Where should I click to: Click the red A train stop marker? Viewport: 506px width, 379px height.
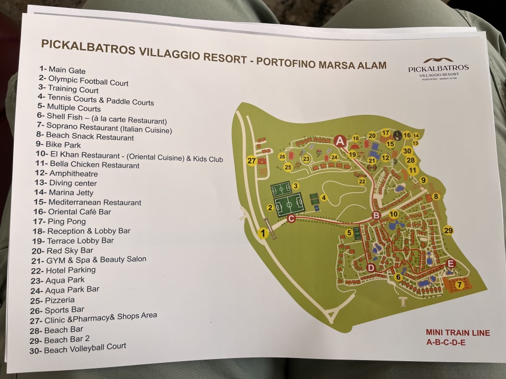point(340,141)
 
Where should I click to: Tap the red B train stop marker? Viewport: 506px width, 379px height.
point(376,215)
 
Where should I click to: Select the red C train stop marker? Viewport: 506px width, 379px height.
point(291,218)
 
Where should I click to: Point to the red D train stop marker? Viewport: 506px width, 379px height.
point(371,268)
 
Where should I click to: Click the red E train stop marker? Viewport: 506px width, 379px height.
point(450,264)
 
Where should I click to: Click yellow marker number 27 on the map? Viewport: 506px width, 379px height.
point(251,161)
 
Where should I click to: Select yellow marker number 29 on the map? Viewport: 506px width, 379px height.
point(449,231)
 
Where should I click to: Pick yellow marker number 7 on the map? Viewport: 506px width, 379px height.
point(459,285)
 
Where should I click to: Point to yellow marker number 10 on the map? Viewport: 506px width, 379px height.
point(393,214)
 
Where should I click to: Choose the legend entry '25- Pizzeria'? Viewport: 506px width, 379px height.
point(60,300)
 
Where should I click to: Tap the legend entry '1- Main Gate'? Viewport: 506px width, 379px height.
point(62,70)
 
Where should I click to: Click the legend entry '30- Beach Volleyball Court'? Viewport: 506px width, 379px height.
point(85,347)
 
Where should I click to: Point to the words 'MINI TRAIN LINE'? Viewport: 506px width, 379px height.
point(458,333)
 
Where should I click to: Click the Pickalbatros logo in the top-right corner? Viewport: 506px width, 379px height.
point(437,68)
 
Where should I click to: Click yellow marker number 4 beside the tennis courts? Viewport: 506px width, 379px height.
point(324,198)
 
